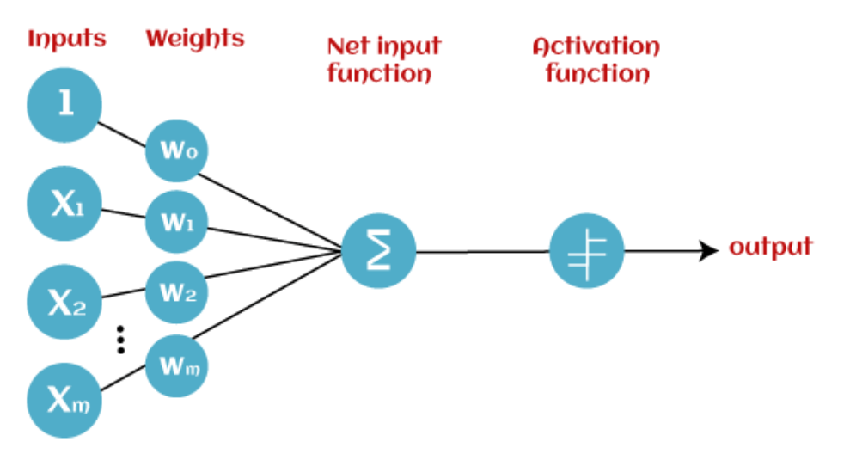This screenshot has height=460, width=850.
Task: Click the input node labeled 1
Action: (64, 105)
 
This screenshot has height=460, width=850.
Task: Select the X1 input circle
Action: (64, 204)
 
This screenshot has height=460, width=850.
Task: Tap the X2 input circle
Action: (64, 301)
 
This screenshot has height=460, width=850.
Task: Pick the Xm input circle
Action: (64, 400)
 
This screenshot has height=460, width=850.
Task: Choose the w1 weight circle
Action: (177, 222)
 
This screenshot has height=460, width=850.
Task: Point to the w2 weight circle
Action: (177, 292)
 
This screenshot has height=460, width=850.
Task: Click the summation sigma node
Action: (378, 252)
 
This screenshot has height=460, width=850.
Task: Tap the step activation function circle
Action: (586, 252)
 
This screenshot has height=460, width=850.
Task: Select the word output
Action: (770, 248)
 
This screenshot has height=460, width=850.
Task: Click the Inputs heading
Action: (66, 39)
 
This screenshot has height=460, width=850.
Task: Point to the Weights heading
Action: (194, 39)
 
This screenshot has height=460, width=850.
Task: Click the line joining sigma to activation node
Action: (481, 252)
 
